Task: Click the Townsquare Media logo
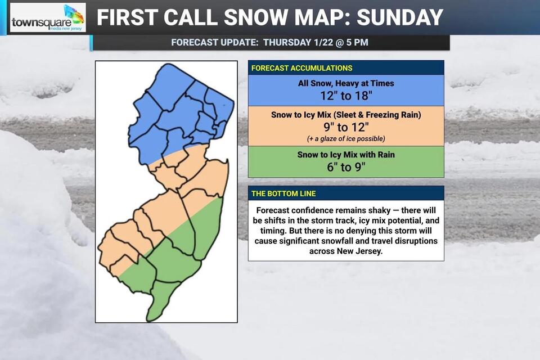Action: tap(48, 18)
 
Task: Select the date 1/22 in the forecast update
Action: tap(317, 42)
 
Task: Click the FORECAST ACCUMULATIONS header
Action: tap(301, 68)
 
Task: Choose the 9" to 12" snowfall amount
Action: tap(346, 127)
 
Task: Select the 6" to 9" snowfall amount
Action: tap(346, 166)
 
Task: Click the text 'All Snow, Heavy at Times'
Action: tap(346, 83)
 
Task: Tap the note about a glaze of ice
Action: tap(346, 138)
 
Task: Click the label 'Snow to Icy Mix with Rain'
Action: tap(346, 155)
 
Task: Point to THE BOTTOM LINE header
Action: tap(283, 193)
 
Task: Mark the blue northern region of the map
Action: tap(180, 112)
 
